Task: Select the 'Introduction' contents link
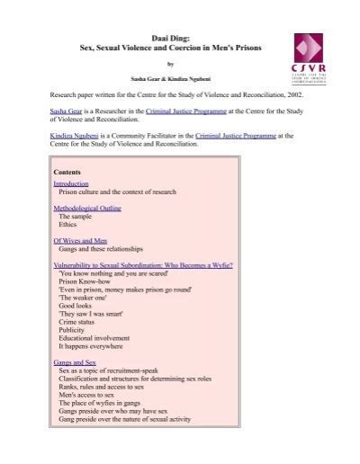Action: (72, 183)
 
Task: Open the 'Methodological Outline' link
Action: (87, 209)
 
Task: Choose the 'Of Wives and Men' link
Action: (80, 242)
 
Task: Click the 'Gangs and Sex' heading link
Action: (75, 361)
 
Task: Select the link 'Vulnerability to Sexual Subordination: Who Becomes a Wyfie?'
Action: (143, 267)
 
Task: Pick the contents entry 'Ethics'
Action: (69, 226)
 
